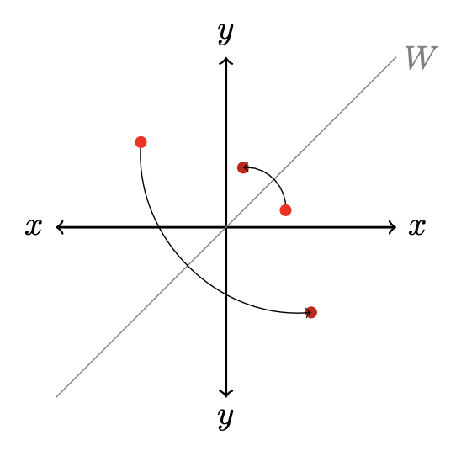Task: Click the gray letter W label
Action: coord(422,57)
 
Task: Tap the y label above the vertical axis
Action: coord(225,33)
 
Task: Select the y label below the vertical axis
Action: coord(225,418)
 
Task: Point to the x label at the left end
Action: coord(34,227)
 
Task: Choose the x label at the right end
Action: coord(417,227)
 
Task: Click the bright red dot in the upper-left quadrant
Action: coord(141,142)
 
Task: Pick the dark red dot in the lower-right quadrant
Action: coord(311,313)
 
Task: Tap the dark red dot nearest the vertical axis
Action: coord(243,167)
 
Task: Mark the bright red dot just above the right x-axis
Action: coord(285,210)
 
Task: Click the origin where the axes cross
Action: coord(226,227)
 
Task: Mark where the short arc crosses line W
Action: coord(273,180)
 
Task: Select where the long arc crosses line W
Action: coord(188,265)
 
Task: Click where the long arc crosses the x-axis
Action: coord(159,227)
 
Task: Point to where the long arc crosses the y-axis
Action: coord(226,294)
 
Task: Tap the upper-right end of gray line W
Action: coord(396,57)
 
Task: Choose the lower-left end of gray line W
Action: coord(56,397)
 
